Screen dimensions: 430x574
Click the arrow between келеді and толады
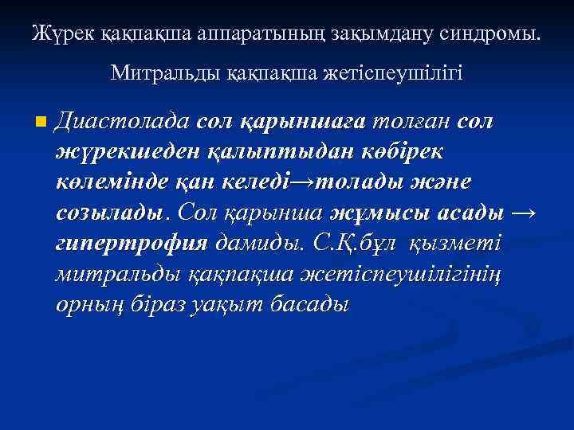point(304,183)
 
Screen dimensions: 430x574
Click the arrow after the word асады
point(522,214)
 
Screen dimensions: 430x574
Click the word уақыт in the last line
point(234,305)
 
